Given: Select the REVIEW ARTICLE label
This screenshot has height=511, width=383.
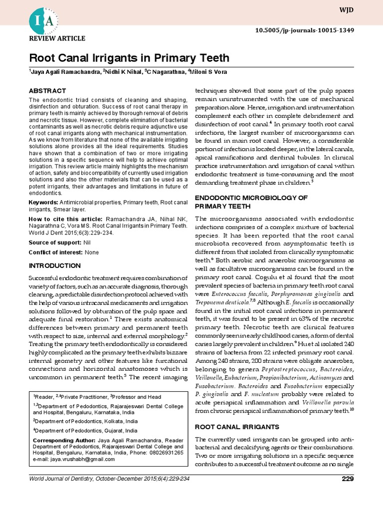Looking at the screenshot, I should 57,38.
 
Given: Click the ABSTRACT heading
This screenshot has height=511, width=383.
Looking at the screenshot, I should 47,91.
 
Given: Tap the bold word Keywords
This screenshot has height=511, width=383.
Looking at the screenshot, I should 43,202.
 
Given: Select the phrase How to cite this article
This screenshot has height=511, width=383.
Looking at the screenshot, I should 65,219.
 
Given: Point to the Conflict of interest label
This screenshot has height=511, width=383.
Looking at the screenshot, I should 56,253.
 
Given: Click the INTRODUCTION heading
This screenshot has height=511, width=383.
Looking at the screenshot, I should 54,265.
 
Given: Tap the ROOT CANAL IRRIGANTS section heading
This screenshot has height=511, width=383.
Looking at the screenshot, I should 230,427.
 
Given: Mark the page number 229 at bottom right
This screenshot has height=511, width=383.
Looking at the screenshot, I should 348,479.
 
